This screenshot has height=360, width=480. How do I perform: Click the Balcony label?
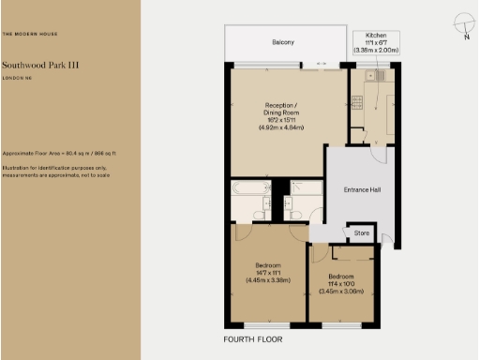283,43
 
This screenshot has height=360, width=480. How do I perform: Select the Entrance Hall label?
362,190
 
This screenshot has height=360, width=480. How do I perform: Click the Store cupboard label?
361,232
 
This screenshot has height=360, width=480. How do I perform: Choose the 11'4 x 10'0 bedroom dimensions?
340,283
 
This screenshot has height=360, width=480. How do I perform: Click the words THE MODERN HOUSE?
28,35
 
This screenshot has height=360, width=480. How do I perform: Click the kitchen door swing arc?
373,137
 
